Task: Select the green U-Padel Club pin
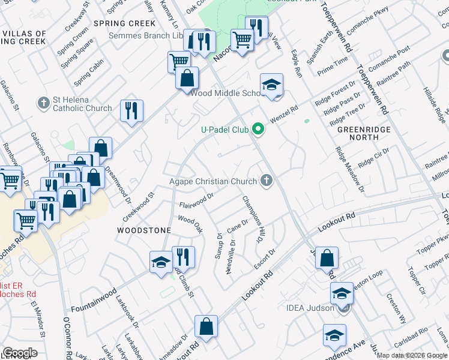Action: coord(258,128)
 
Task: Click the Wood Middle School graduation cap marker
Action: coord(271,84)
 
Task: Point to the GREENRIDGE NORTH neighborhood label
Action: coord(363,133)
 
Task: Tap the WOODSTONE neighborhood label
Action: coord(144,230)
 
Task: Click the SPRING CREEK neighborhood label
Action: coord(124,23)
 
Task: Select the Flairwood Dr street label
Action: coord(196,200)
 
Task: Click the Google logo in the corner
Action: coord(19,353)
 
